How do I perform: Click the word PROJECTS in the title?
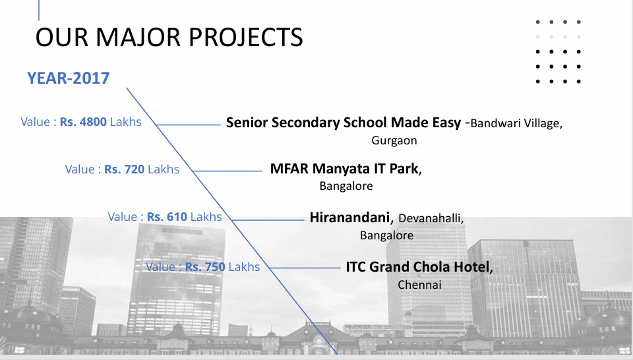click(246, 37)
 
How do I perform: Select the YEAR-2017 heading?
click(68, 78)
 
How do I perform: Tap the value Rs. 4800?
click(83, 122)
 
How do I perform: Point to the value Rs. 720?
click(125, 169)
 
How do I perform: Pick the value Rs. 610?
click(167, 217)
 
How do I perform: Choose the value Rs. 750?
click(205, 267)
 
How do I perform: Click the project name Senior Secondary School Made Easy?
click(344, 122)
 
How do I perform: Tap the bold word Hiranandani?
click(349, 218)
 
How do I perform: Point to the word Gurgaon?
click(394, 140)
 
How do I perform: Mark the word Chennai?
click(419, 285)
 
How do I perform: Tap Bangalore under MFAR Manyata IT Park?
click(346, 186)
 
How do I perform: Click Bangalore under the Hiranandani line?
click(387, 235)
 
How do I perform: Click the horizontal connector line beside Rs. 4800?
click(188, 125)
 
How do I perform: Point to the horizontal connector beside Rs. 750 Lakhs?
click(305, 268)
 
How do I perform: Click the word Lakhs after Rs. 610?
click(206, 217)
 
